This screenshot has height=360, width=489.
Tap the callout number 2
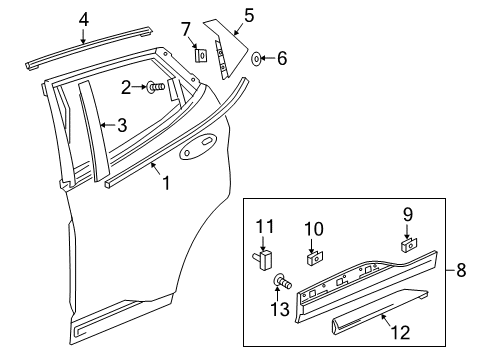pos(127,88)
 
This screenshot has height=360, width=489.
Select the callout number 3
pos(121,125)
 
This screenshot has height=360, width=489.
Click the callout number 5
pos(248,15)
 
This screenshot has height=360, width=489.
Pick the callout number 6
pos(281,59)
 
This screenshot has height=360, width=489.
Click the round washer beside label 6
pos(257,59)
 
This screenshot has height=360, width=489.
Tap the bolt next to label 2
pos(157,89)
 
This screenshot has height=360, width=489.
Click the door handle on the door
pos(196,154)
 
